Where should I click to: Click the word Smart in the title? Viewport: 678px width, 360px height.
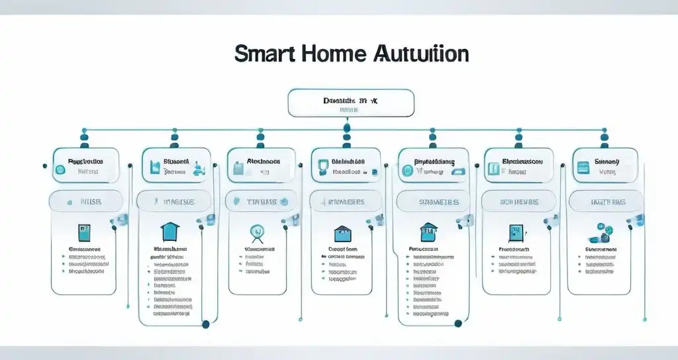[x=264, y=54]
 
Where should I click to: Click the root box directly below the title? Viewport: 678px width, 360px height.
[x=351, y=103]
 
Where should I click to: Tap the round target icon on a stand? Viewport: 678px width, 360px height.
[x=256, y=232]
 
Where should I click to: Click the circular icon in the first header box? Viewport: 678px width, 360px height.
[x=60, y=169]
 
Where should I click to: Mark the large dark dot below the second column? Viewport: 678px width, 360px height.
[x=206, y=324]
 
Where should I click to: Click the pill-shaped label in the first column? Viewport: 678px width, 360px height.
[x=86, y=201]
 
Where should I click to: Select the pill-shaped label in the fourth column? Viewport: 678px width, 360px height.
[x=347, y=201]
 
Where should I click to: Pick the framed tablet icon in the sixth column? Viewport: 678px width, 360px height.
[x=514, y=232]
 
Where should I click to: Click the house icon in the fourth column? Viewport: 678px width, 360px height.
[x=343, y=232]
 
